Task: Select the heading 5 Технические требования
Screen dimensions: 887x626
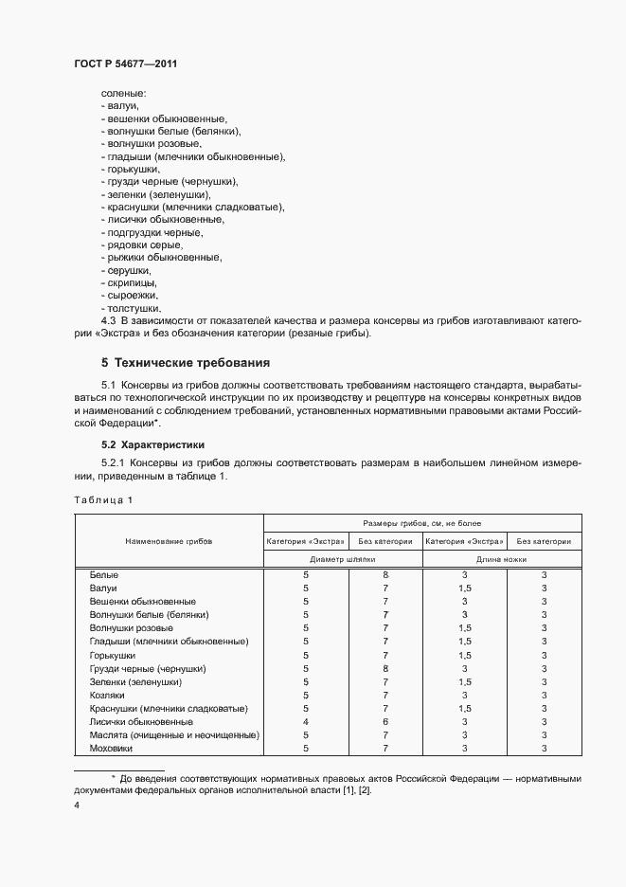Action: click(186, 362)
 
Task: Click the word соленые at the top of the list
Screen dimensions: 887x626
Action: click(117, 95)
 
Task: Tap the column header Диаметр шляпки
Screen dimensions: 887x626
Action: click(342, 560)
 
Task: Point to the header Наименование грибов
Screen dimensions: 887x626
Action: click(169, 540)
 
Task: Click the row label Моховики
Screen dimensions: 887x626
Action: click(111, 749)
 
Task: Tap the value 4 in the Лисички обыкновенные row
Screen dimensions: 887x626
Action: click(306, 722)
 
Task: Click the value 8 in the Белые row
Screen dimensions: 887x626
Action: click(386, 575)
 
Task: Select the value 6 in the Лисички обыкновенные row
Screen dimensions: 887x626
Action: click(386, 722)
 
